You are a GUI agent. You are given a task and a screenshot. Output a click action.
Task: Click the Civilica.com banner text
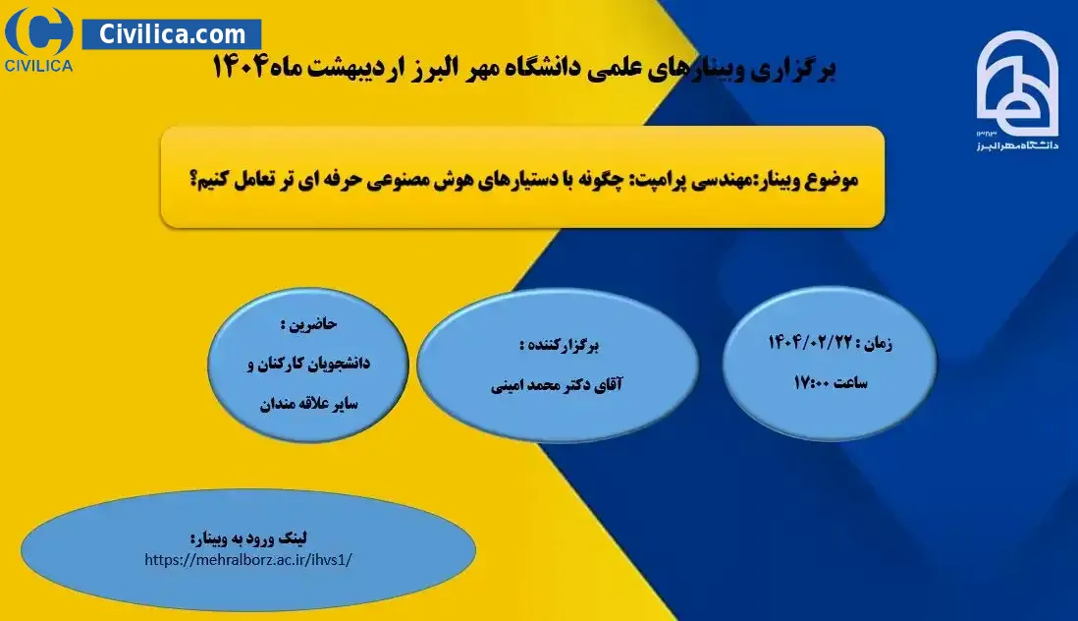[172, 33]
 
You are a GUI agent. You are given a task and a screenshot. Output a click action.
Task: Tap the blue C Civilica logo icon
[38, 30]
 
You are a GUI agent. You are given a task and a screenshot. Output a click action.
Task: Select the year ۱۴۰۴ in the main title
[239, 68]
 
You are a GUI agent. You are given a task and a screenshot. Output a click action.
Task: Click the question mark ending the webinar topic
[193, 181]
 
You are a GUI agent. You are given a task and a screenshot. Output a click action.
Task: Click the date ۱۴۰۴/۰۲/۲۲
[810, 342]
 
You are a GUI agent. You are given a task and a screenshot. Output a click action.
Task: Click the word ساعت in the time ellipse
[850, 382]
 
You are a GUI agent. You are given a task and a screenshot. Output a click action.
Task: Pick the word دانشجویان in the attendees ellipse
[341, 363]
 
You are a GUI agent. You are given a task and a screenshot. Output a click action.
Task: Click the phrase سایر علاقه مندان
[308, 403]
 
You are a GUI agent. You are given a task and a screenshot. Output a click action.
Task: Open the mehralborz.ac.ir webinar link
[248, 560]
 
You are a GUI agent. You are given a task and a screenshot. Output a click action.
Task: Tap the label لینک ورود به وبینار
[248, 537]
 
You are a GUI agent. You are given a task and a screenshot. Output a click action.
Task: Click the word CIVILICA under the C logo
[38, 66]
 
